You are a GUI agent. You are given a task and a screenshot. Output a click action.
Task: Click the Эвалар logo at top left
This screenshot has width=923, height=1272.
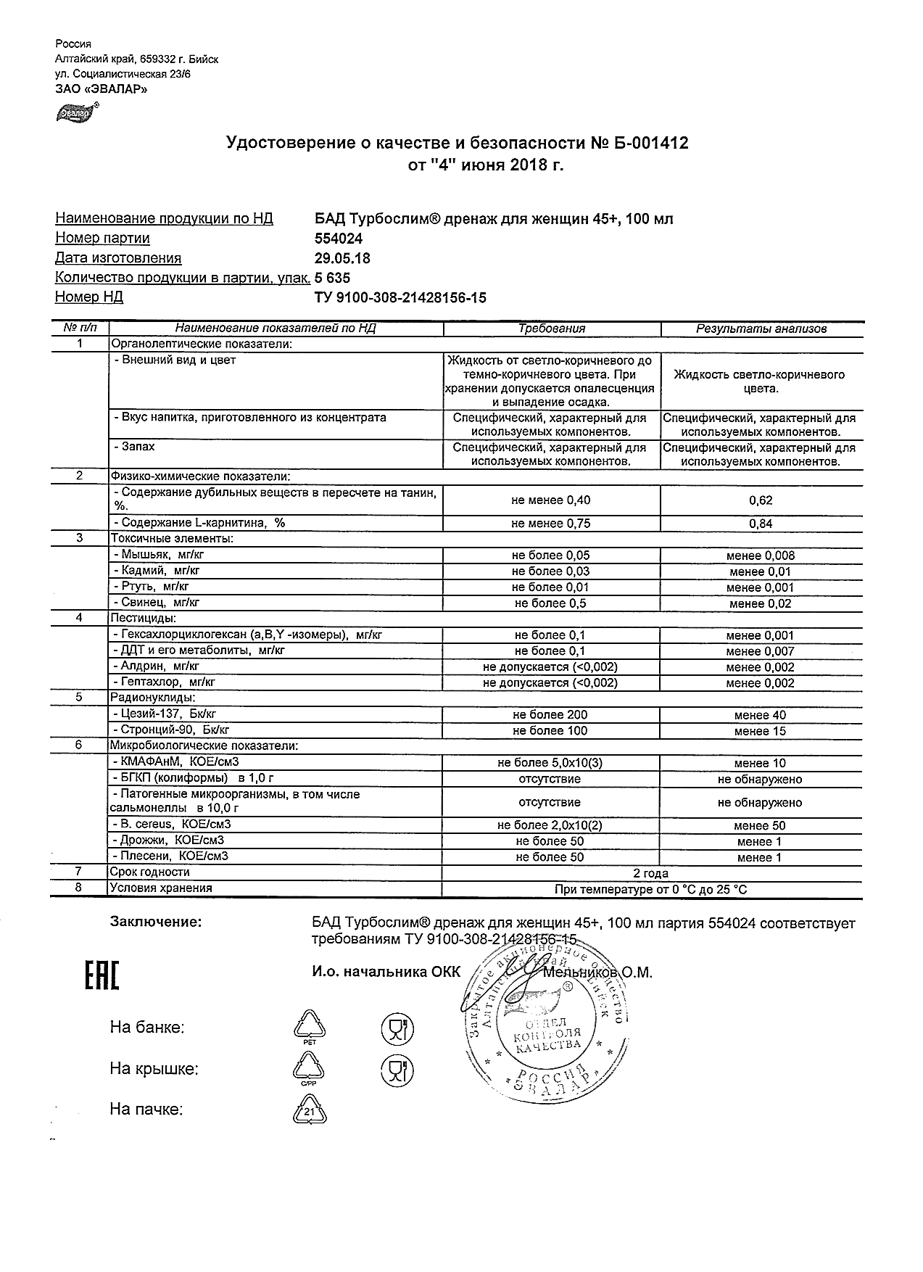click(76, 113)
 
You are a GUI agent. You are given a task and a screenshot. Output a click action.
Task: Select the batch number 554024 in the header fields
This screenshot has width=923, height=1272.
click(339, 239)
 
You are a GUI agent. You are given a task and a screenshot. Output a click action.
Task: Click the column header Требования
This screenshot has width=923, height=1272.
click(551, 329)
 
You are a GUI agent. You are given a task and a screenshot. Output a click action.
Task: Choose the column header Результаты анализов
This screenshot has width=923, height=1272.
click(761, 329)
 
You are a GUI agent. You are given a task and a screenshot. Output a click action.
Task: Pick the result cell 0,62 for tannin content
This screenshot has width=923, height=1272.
click(761, 500)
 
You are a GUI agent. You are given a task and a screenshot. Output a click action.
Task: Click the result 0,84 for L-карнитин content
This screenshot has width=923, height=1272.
click(761, 524)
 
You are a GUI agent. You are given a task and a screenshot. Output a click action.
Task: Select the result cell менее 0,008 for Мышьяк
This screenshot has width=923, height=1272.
click(761, 556)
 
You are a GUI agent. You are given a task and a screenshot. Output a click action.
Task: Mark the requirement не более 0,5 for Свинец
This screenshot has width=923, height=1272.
click(550, 603)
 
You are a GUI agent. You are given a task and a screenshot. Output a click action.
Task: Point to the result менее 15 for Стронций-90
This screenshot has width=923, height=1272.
click(760, 731)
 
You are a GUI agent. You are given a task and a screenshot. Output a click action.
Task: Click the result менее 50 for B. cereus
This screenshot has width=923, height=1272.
click(760, 825)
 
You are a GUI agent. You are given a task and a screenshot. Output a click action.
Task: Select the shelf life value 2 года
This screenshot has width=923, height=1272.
click(651, 873)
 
